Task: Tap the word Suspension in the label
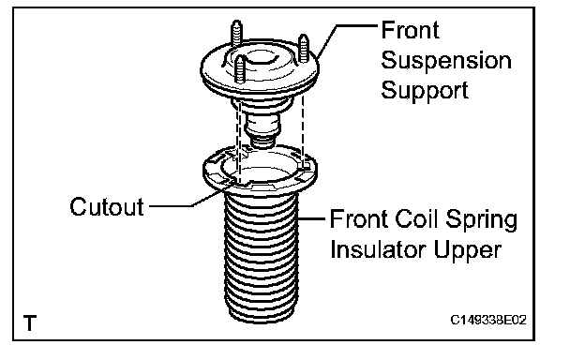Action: [x=446, y=61]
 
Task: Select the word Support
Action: [x=425, y=90]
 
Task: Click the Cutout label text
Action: [x=107, y=206]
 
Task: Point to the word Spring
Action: [x=481, y=220]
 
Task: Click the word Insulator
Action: [x=378, y=249]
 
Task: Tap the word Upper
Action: [x=468, y=250]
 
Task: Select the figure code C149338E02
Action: [x=488, y=320]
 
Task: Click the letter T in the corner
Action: [x=30, y=322]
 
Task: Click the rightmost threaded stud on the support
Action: [x=303, y=49]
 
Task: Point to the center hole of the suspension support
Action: [x=260, y=58]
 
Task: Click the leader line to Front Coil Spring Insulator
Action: [x=311, y=219]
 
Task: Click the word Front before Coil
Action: [x=359, y=219]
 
